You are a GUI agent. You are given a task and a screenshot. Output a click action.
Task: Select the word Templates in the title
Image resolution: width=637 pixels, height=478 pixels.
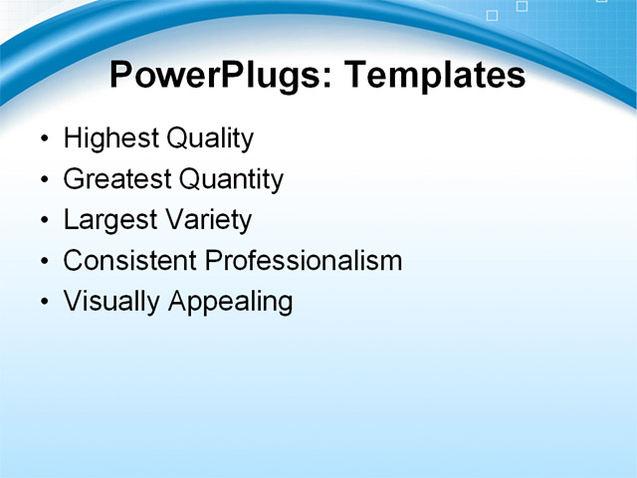click(434, 75)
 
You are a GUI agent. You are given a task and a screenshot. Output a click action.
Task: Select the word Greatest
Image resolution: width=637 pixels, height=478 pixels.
click(116, 179)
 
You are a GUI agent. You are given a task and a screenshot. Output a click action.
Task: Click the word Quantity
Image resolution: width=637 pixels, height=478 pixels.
click(231, 179)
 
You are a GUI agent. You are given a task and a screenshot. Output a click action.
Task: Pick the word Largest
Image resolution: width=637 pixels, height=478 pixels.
click(110, 220)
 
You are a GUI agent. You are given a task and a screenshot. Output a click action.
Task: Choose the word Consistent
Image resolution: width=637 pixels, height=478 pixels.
click(129, 261)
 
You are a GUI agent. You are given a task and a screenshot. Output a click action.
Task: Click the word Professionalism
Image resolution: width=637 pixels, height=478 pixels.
click(304, 261)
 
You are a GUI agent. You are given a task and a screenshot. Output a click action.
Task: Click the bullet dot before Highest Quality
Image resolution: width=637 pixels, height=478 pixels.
click(43, 139)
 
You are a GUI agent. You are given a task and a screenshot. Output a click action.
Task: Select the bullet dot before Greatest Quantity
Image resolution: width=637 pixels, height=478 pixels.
click(43, 180)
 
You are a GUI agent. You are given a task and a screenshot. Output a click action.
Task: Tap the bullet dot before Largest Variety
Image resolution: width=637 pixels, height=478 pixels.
click(43, 221)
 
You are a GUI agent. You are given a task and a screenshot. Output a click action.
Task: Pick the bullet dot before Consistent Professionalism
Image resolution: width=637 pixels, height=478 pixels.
click(43, 262)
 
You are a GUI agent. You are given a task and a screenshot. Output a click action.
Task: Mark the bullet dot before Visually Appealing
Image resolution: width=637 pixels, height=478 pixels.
click(43, 303)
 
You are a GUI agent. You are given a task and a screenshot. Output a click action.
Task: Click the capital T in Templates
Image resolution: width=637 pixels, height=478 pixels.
click(354, 75)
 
